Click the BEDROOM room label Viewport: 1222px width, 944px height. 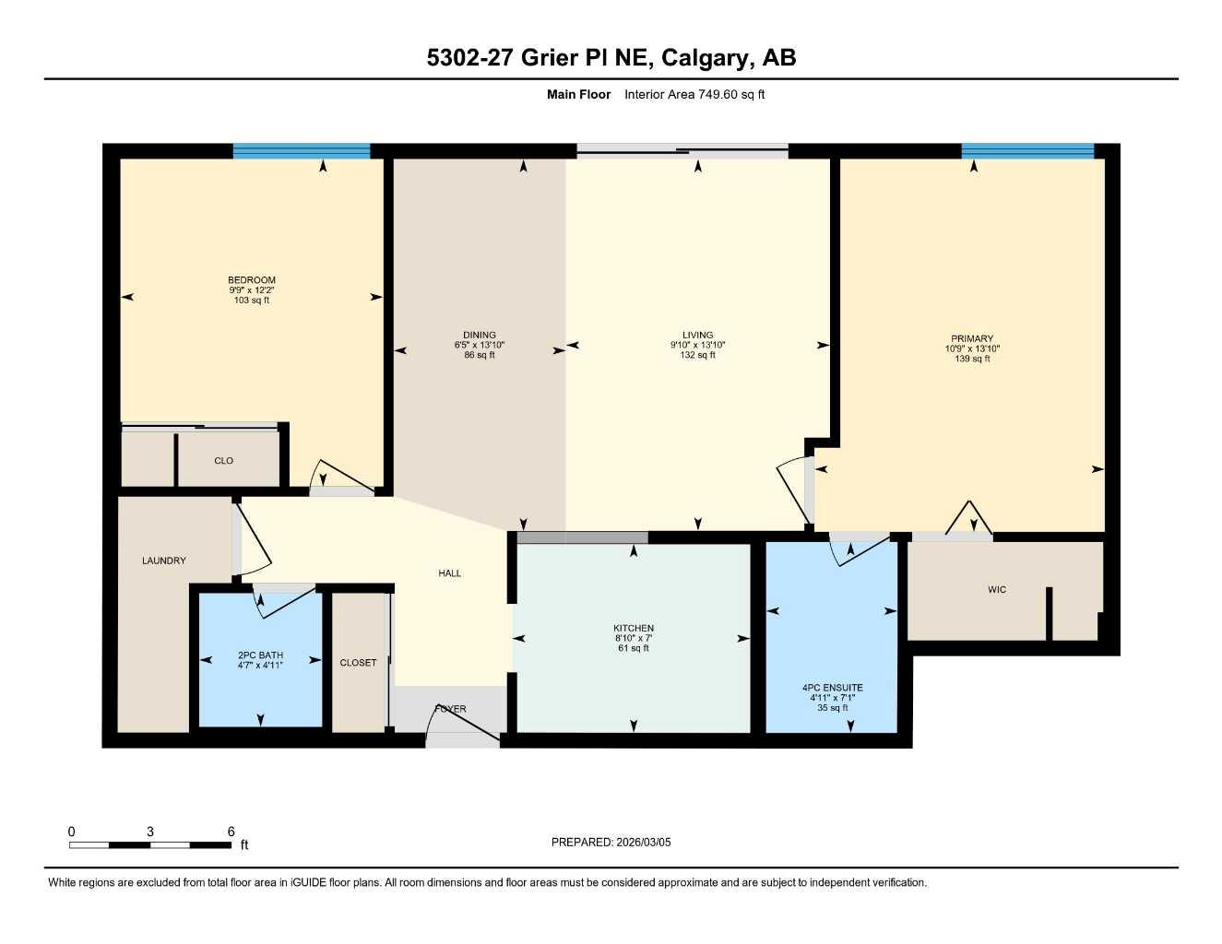[252, 280]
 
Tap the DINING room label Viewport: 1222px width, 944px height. [480, 336]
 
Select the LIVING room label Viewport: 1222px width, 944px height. [698, 336]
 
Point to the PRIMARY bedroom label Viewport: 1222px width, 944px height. [972, 339]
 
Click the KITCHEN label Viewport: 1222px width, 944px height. [634, 629]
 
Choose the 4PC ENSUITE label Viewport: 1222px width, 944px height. [833, 688]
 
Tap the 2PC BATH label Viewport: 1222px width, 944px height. [260, 655]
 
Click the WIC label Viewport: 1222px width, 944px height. [997, 590]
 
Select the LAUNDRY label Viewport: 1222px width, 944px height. [164, 560]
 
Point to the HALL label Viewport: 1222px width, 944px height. [450, 573]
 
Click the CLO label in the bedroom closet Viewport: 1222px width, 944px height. [224, 461]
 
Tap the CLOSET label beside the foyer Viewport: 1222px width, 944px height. [358, 663]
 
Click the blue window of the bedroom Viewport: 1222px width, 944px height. [302, 151]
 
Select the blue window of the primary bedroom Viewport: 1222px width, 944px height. [1027, 151]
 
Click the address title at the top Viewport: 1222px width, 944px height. [611, 58]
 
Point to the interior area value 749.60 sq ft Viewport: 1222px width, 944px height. [694, 94]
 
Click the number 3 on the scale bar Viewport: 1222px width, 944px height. [150, 832]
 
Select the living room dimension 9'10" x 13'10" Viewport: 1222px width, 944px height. [698, 346]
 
